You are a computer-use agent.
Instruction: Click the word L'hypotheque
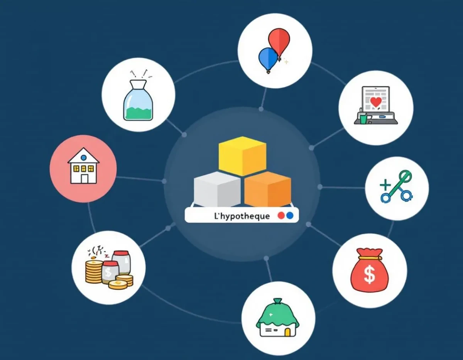pyautogui.click(x=242, y=216)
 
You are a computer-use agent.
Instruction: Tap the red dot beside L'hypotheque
pyautogui.click(x=281, y=216)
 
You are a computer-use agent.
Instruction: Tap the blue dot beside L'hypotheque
pyautogui.click(x=290, y=216)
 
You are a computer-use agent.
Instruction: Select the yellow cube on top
pyautogui.click(x=242, y=156)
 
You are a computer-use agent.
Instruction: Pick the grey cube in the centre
pyautogui.click(x=217, y=189)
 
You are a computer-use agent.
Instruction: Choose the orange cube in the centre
pyautogui.click(x=268, y=189)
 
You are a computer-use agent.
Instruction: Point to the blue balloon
pyautogui.click(x=268, y=59)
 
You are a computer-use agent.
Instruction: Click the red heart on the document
pyautogui.click(x=376, y=102)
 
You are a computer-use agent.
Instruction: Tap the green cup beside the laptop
pyautogui.click(x=363, y=118)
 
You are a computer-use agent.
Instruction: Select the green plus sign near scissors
pyautogui.click(x=385, y=184)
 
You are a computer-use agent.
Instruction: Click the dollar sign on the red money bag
pyautogui.click(x=370, y=275)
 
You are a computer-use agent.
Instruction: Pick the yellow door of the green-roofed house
pyautogui.click(x=287, y=332)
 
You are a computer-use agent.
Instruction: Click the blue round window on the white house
pyautogui.click(x=84, y=158)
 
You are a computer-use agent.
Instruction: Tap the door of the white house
pyautogui.click(x=84, y=179)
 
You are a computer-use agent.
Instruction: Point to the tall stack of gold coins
pyautogui.click(x=94, y=272)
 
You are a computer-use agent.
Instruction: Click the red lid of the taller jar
pyautogui.click(x=121, y=253)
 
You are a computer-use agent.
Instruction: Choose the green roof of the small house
pyautogui.click(x=277, y=313)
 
